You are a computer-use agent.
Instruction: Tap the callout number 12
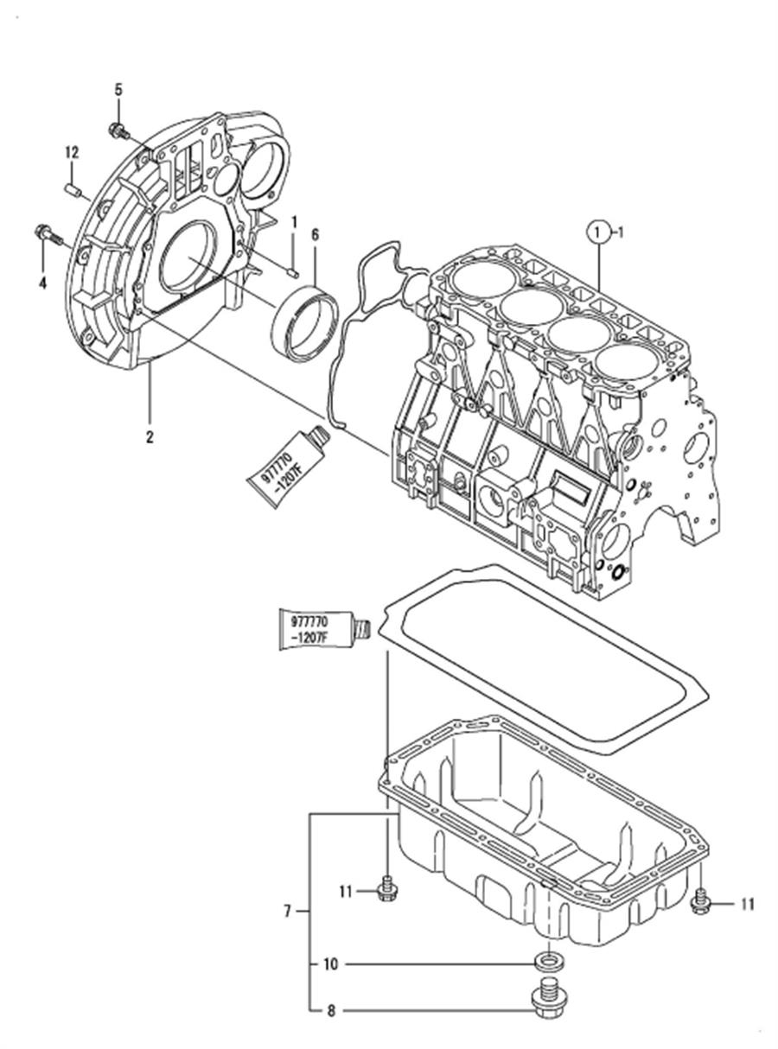[x=72, y=152]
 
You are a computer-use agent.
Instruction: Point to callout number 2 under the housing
[x=149, y=437]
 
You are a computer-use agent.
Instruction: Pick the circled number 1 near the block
[x=596, y=231]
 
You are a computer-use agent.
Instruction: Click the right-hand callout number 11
[x=746, y=904]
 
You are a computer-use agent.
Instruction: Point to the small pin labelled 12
[x=73, y=186]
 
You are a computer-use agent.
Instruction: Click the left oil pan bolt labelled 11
[x=386, y=891]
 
